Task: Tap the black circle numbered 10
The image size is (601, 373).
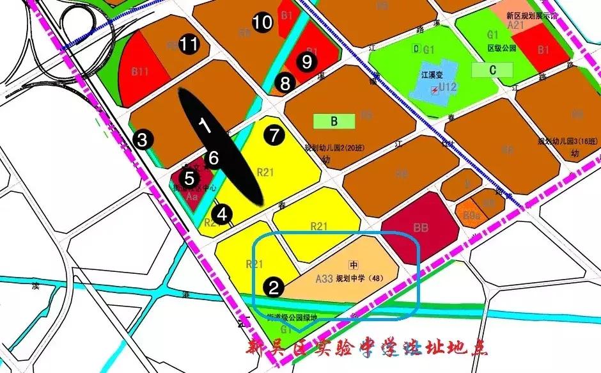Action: [x=261, y=23]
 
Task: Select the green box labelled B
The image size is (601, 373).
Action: [x=334, y=121]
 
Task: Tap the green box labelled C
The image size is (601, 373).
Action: [x=492, y=70]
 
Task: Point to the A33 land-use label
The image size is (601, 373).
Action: [x=326, y=278]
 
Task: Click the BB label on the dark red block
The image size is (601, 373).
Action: [x=421, y=227]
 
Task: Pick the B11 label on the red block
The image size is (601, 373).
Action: [x=140, y=72]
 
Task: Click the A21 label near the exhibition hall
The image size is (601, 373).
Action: [x=515, y=25]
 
